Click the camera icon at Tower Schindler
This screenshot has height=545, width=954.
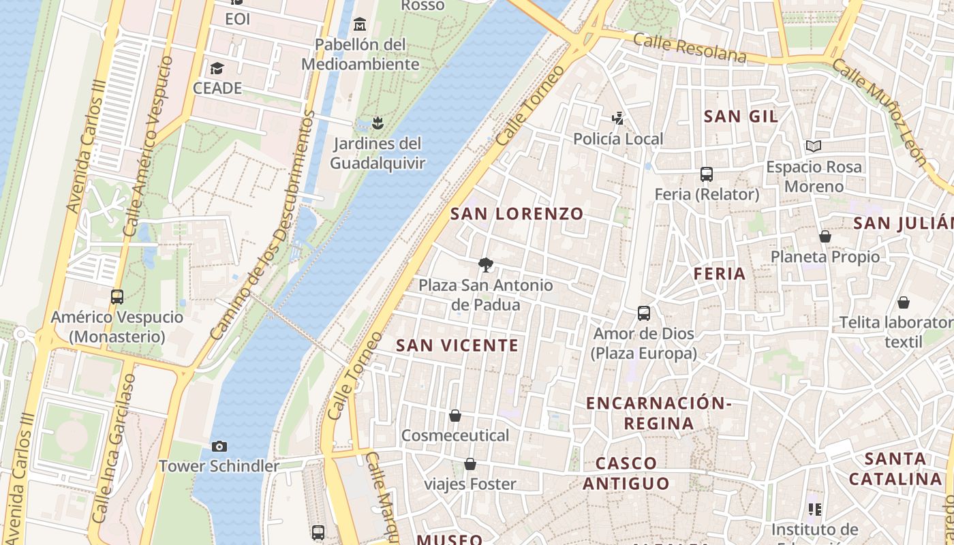(x=219, y=447)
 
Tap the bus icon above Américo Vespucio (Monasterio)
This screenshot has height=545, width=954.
(x=117, y=297)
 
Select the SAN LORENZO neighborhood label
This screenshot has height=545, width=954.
(x=517, y=214)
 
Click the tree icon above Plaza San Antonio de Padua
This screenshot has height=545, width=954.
(x=485, y=264)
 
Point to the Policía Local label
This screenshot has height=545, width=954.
(x=618, y=139)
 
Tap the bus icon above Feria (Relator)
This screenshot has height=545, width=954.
(x=707, y=174)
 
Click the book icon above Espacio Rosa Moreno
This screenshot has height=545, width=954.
(x=813, y=146)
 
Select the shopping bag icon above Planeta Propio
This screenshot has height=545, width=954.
(x=825, y=236)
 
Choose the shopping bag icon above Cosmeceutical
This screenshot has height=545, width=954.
(x=455, y=416)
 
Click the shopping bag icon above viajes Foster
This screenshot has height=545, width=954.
(x=470, y=465)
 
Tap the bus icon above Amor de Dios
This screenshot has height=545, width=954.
(x=644, y=313)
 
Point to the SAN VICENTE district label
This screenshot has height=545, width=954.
(x=457, y=345)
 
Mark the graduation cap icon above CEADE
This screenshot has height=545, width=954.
(x=217, y=68)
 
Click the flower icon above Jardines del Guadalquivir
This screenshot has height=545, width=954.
(x=378, y=123)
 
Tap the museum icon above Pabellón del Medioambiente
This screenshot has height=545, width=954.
(x=360, y=25)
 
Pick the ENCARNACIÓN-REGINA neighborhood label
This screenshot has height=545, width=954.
(x=658, y=413)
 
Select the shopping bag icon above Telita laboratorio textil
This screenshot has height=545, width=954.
(x=903, y=302)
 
